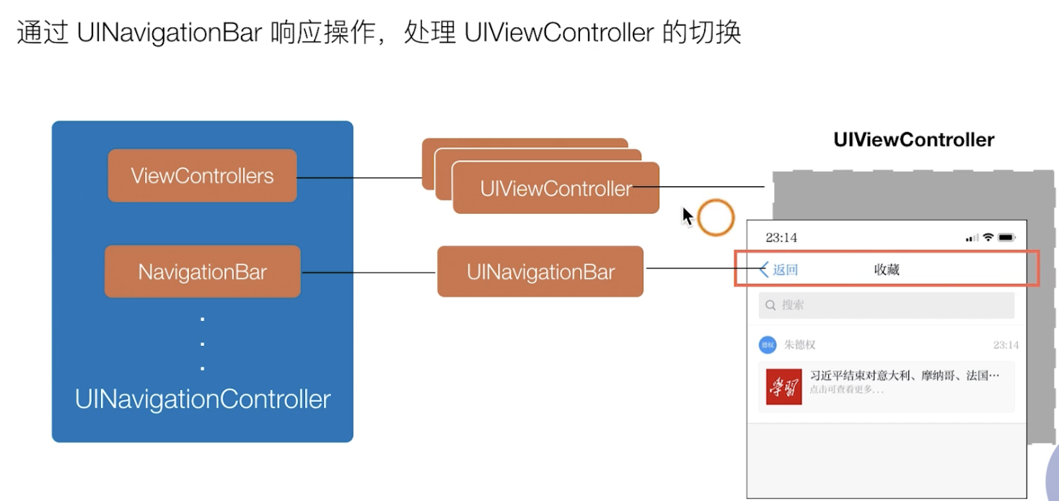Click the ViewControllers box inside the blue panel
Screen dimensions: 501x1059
click(202, 175)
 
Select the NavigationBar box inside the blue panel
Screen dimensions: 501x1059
click(202, 271)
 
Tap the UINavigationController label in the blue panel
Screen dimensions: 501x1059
click(203, 399)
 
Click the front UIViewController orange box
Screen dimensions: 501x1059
click(555, 188)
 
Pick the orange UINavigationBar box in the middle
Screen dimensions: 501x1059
click(540, 271)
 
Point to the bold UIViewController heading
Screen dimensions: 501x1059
click(913, 139)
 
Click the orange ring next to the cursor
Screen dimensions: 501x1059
click(716, 217)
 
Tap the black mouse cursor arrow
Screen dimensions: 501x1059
click(687, 216)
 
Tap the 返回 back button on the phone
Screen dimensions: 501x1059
click(779, 270)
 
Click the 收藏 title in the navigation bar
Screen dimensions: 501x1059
click(887, 270)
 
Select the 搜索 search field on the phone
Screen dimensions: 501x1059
click(886, 305)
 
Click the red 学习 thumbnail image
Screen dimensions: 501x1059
click(783, 386)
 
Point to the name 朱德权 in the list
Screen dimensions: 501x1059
click(799, 345)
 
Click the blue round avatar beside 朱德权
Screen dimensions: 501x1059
click(767, 345)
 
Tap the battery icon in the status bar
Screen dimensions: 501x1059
click(1007, 238)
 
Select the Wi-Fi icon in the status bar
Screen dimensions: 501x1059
click(988, 238)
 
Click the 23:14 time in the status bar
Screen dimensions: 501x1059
click(781, 238)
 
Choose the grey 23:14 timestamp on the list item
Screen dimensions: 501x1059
click(1006, 345)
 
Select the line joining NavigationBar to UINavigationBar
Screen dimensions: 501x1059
click(369, 272)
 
